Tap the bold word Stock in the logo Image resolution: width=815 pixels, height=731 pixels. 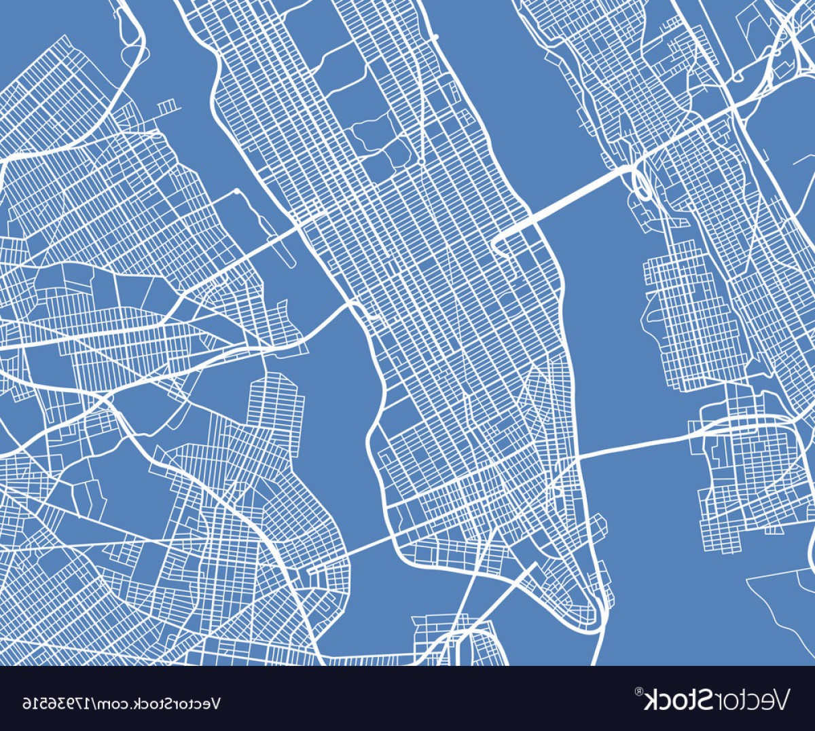[676, 698]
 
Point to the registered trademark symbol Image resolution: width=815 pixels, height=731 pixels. [638, 692]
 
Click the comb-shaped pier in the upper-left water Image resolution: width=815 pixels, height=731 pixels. [167, 106]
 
